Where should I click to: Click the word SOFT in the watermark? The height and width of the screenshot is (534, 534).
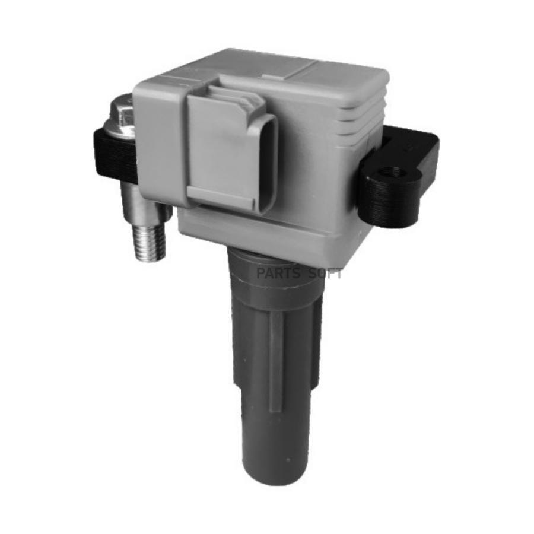(325, 274)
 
